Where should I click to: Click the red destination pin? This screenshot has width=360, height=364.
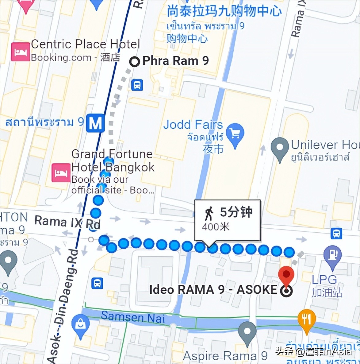coord(286,275)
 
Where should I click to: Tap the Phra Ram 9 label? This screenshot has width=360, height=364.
coord(176,61)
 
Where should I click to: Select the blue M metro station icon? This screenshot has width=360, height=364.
coord(95,123)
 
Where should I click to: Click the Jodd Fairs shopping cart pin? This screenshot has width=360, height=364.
coord(235,134)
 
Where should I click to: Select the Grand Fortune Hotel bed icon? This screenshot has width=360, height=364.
coord(61,173)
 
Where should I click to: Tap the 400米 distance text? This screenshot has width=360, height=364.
coord(216,227)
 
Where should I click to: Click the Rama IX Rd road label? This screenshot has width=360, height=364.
coord(67,222)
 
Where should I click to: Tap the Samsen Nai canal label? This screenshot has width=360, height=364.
coord(133,317)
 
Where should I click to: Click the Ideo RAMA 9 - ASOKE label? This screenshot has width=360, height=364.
coord(213,290)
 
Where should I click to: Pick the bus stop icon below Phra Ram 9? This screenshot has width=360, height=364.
coord(137,84)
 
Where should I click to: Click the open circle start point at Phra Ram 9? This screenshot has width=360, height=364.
coord(134,62)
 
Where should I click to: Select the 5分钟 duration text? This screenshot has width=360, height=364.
coord(236,212)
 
